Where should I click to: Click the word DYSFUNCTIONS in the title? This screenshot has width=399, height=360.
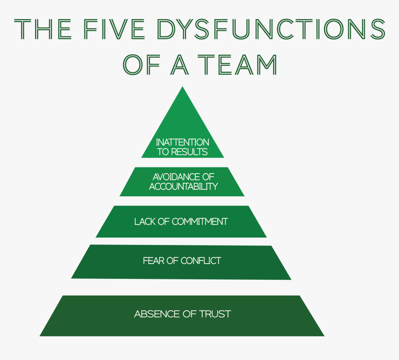[271, 30]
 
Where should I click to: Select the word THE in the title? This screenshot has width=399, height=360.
[43, 30]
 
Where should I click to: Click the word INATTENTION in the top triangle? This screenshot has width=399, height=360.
[182, 142]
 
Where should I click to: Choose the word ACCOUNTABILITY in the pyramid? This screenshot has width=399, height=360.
[183, 186]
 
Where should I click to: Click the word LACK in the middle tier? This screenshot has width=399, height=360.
[144, 222]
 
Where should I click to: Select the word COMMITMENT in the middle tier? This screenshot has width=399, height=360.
[200, 222]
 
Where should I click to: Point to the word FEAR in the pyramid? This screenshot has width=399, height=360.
[153, 261]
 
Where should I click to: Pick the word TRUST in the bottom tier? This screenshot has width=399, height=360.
[215, 314]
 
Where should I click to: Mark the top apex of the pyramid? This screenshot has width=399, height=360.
[183, 87]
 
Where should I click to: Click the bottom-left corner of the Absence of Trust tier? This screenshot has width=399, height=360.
[40, 335]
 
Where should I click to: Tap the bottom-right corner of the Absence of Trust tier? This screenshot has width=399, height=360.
[323, 335]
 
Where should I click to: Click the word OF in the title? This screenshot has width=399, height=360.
[138, 65]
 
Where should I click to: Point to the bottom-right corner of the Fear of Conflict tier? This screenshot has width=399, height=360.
[290, 279]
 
